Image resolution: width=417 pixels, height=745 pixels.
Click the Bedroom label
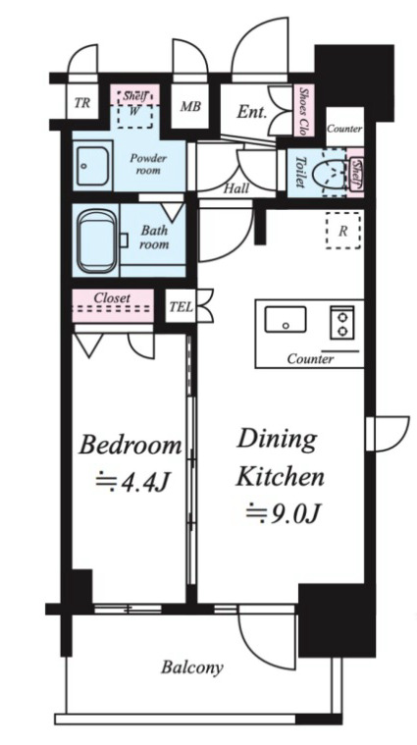(x=130, y=446)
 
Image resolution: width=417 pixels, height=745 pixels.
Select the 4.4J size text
(x=133, y=482)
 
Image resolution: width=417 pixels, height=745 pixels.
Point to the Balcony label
(x=192, y=667)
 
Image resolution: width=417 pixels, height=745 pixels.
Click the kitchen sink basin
(x=286, y=319)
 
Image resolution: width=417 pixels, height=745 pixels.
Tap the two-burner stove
(x=342, y=323)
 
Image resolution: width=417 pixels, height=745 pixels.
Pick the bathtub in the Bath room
(x=97, y=241)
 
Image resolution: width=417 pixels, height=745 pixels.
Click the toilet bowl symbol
(x=335, y=172)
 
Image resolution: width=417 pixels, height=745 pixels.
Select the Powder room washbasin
(x=92, y=166)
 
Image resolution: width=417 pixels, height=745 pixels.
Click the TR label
(x=82, y=102)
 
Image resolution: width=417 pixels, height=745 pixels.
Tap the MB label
(x=190, y=106)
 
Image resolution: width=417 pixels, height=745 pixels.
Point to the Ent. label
(x=252, y=112)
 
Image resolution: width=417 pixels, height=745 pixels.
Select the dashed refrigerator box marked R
(x=343, y=231)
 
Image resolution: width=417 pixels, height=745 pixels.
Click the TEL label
(x=181, y=306)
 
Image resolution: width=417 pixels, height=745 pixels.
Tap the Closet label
(x=112, y=298)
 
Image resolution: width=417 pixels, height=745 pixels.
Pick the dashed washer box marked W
(x=134, y=116)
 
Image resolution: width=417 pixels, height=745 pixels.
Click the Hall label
(x=236, y=188)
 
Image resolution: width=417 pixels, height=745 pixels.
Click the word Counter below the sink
(x=311, y=359)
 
